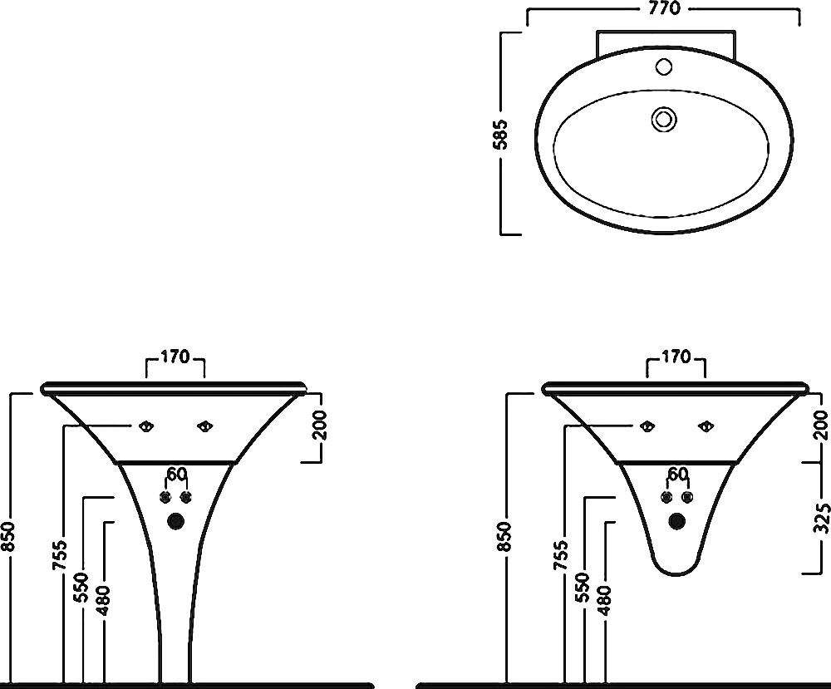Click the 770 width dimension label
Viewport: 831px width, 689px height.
[x=664, y=8]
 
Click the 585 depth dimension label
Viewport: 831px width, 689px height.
[x=501, y=135]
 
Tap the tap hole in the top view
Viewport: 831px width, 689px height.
[x=664, y=66]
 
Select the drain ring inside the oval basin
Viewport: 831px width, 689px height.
[x=665, y=118]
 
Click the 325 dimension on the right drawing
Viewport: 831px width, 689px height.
[x=821, y=516]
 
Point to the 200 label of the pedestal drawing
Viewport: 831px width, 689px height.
[x=320, y=425]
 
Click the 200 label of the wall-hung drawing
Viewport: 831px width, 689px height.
[x=821, y=425]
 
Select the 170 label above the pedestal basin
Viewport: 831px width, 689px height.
[x=175, y=357]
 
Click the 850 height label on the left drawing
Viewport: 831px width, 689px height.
[x=9, y=536]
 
